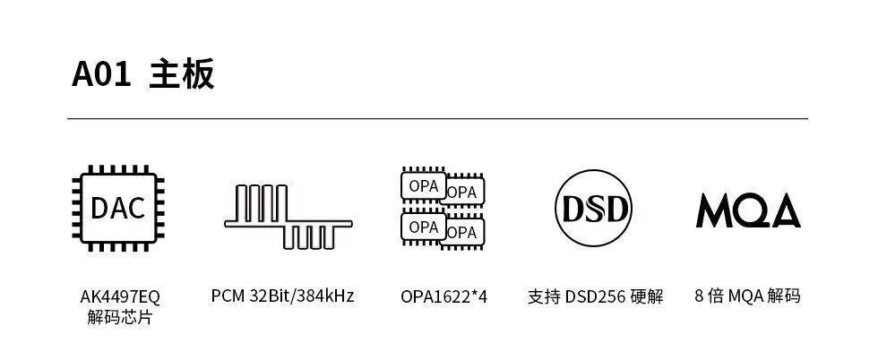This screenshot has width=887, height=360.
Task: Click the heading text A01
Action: tap(101, 73)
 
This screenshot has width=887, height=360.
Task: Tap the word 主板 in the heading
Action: tap(182, 73)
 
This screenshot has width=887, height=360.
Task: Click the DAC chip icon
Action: tap(118, 209)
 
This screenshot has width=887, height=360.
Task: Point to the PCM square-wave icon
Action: tap(288, 217)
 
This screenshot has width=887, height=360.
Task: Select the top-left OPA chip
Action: tap(423, 185)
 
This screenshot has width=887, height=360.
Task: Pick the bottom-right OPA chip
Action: tap(462, 232)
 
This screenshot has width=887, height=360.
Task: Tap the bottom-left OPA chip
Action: tap(423, 227)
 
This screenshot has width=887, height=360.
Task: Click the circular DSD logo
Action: tap(593, 209)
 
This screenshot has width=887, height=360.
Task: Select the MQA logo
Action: tap(748, 210)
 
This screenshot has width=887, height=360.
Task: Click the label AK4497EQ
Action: tap(120, 296)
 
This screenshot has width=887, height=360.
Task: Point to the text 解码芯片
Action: tap(120, 317)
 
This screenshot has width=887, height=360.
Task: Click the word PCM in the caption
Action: tap(228, 296)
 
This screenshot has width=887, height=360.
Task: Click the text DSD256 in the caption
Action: tap(596, 296)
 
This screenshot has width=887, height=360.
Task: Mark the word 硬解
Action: tap(647, 296)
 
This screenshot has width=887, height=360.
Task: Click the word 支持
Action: tap(544, 296)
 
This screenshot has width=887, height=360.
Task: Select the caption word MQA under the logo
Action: tap(746, 296)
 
